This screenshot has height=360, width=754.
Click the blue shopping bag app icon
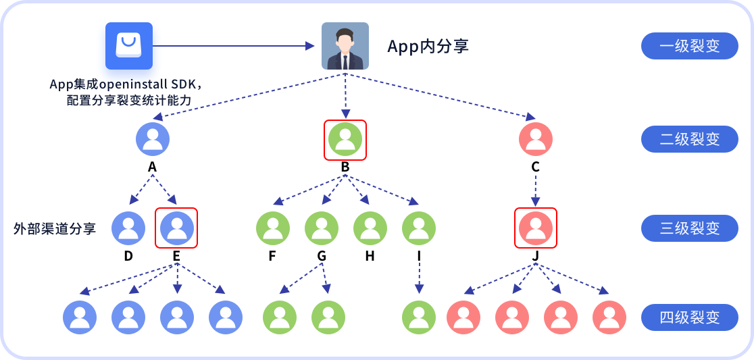[129, 46]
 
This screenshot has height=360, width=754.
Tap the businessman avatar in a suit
[345, 46]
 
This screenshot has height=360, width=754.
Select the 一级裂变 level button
[690, 46]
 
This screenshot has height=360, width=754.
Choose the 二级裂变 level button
[690, 139]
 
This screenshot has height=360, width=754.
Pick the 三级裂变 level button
[690, 228]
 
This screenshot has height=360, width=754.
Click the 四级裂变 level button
[690, 317]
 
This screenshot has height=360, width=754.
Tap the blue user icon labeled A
[153, 139]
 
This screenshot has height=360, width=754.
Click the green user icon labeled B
[345, 139]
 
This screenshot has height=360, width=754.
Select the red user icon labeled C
[536, 139]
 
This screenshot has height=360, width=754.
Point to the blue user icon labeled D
[128, 228]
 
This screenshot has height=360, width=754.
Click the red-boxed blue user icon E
[176, 228]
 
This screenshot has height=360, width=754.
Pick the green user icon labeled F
[273, 228]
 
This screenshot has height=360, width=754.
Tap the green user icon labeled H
[370, 228]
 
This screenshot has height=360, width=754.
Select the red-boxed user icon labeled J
[536, 228]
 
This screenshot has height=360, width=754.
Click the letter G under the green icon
[321, 257]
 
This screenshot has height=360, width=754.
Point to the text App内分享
[428, 47]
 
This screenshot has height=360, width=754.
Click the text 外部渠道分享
[55, 228]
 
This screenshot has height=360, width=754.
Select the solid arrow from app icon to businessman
[234, 46]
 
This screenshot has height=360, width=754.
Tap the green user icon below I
[419, 317]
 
